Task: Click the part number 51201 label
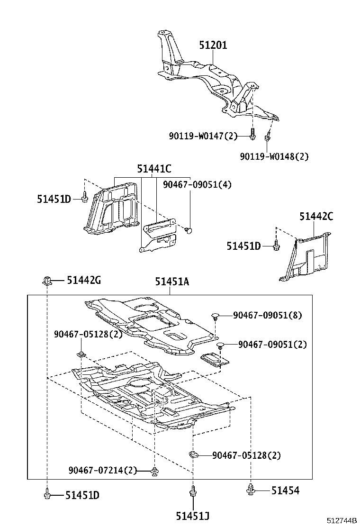click(x=213, y=45)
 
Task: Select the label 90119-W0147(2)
click(x=203, y=136)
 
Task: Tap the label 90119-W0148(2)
click(x=274, y=156)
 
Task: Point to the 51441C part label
click(x=154, y=168)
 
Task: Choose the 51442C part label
click(x=316, y=217)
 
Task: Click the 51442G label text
click(x=83, y=281)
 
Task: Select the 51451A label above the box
click(x=171, y=282)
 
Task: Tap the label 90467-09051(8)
click(x=267, y=315)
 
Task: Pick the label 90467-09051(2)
click(x=272, y=345)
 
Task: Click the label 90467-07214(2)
click(x=103, y=470)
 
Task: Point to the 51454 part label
click(x=285, y=491)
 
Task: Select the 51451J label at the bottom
click(x=193, y=516)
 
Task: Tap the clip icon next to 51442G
click(x=47, y=281)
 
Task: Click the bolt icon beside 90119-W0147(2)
click(x=253, y=136)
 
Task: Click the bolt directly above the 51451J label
click(x=193, y=491)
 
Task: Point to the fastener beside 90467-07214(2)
click(x=155, y=471)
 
